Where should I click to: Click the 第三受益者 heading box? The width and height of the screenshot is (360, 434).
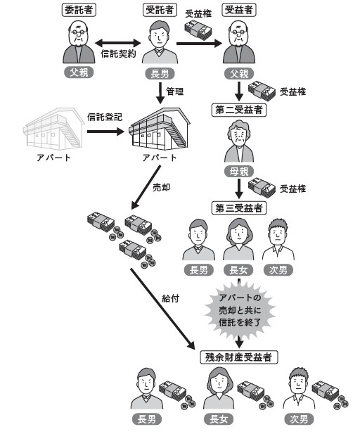[239, 207]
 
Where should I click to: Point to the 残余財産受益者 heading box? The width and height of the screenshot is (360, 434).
[238, 357]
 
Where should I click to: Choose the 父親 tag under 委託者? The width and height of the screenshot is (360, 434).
[79, 72]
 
